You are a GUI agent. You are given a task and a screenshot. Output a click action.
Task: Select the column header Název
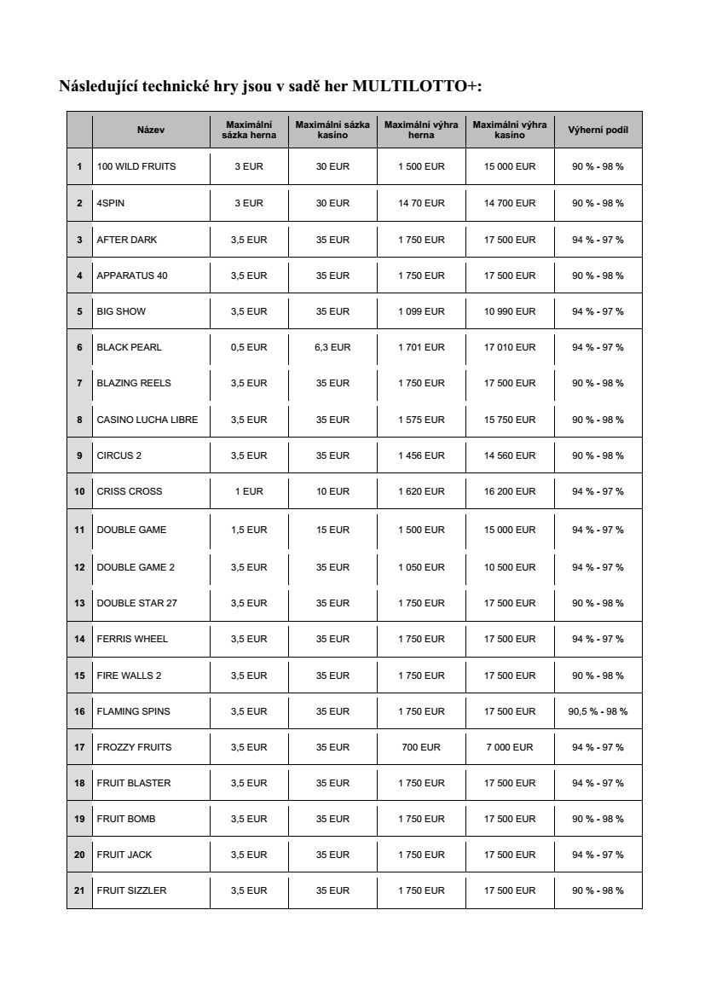click(150, 130)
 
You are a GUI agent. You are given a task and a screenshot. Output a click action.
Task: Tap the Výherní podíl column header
click(598, 130)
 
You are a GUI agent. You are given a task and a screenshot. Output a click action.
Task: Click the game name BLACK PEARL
click(129, 347)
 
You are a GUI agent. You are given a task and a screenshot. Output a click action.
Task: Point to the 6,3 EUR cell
click(332, 347)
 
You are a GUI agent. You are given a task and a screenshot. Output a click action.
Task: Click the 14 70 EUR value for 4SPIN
click(421, 203)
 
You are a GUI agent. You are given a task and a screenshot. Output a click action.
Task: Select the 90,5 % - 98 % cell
click(598, 711)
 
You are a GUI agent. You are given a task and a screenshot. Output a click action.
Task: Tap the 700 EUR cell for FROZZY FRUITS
click(421, 747)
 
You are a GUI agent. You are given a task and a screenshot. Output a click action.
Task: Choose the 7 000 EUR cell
click(510, 747)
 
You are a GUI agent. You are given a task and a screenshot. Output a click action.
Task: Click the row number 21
click(79, 890)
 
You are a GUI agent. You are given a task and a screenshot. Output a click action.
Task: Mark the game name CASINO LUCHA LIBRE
click(147, 420)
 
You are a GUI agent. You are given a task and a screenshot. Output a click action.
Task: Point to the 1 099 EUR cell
click(421, 311)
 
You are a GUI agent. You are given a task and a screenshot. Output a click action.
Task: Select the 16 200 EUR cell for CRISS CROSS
click(510, 491)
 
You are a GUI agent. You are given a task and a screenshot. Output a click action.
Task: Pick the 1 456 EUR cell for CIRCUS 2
click(421, 455)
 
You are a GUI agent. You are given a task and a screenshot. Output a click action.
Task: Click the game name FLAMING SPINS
click(133, 711)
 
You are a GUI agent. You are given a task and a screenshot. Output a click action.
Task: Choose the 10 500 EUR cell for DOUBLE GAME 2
click(510, 567)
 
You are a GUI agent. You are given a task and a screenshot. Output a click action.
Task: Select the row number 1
click(79, 166)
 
